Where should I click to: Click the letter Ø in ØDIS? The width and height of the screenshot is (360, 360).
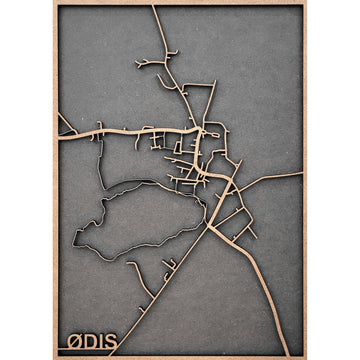point(73,342)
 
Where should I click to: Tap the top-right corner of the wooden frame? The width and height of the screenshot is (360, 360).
point(305,4)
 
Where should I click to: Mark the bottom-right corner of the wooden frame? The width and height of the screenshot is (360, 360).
point(305,356)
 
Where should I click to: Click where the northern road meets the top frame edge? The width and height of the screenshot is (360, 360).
point(153,7)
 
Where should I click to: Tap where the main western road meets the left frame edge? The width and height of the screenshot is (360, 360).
point(59,136)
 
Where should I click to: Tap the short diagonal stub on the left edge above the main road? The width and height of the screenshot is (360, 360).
point(65,124)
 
